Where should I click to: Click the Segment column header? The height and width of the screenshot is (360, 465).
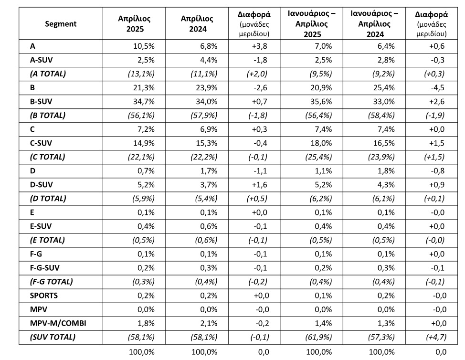tap(61, 24)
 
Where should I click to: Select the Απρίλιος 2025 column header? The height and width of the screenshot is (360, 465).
tap(134, 24)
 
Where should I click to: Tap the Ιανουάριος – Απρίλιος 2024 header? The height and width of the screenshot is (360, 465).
tap(375, 24)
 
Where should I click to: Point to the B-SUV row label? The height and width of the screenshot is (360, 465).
tap(41, 101)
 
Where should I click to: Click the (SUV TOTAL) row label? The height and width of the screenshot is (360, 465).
tap(53, 337)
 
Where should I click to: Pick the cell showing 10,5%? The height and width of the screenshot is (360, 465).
tap(144, 46)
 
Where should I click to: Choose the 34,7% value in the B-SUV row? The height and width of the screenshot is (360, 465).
tap(144, 101)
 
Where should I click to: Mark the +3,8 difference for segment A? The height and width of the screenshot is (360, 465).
tap(259, 46)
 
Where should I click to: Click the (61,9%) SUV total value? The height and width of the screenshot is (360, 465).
tap(318, 337)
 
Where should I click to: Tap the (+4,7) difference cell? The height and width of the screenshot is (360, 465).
tap(436, 337)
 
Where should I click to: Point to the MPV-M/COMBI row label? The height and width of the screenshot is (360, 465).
tap(58, 323)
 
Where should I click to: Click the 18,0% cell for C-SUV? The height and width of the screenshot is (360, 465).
tap(321, 143)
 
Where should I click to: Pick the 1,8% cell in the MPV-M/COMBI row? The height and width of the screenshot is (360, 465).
tap(146, 323)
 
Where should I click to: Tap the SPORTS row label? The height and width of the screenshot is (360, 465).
tap(44, 296)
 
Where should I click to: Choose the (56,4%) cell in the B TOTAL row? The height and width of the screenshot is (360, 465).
tap(318, 116)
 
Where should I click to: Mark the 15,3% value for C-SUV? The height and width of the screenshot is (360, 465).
tap(206, 143)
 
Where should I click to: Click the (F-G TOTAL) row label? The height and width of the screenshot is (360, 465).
tap(51, 281)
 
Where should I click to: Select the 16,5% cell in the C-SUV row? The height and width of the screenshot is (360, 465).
tap(384, 143)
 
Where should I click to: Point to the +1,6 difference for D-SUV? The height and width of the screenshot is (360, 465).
tap(259, 185)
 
